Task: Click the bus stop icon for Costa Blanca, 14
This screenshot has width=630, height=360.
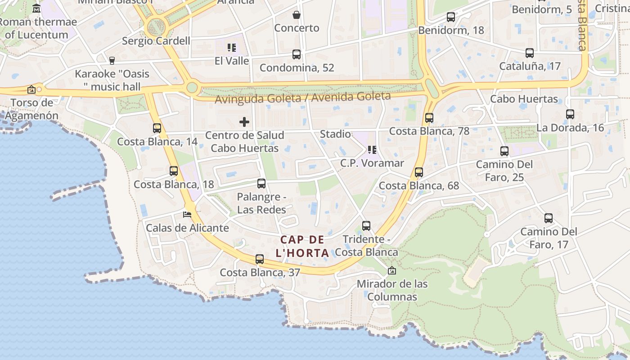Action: [157, 128]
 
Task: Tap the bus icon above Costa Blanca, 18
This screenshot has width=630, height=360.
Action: [174, 171]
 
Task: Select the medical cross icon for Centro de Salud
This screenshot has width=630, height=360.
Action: [244, 122]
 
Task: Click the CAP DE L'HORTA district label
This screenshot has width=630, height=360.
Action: [302, 246]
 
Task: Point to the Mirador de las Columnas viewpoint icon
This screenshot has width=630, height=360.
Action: [392, 270]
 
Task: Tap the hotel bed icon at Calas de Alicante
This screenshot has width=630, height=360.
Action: [187, 215]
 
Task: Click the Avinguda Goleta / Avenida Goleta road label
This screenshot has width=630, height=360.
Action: [302, 97]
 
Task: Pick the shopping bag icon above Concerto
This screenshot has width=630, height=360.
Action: [297, 15]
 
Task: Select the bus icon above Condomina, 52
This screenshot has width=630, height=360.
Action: [297, 54]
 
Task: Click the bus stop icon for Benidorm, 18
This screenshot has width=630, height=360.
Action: [450, 17]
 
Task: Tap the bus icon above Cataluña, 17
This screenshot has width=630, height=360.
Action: [530, 53]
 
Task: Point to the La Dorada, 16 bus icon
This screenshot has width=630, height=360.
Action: [570, 114]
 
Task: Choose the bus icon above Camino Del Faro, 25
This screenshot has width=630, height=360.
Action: [504, 151]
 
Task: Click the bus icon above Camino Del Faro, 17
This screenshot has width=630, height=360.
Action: [549, 219]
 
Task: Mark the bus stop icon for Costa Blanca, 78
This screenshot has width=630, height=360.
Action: [429, 118]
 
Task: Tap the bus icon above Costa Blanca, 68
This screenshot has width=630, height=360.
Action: [419, 172]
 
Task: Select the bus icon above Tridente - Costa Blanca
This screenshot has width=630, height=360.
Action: [366, 226]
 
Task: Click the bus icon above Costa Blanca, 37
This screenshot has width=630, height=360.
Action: [260, 259]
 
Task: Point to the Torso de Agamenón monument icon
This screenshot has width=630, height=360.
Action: [31, 90]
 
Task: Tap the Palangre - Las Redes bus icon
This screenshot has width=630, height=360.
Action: [261, 184]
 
